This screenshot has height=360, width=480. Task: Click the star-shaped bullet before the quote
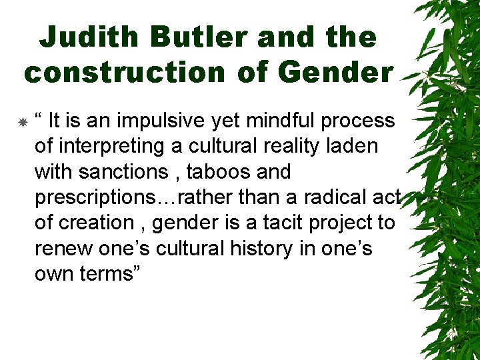tap(22, 123)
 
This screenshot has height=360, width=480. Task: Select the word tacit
tap(290, 223)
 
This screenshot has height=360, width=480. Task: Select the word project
tap(344, 223)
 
